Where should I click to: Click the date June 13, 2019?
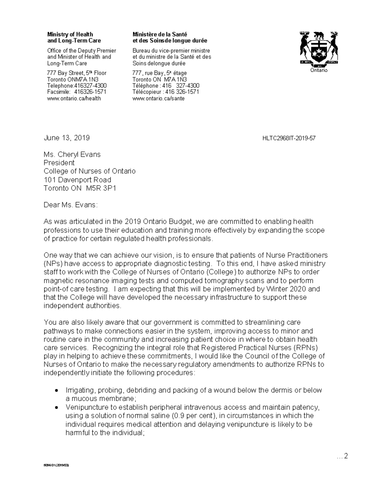pos(67,138)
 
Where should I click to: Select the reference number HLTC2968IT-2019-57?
pos(289,138)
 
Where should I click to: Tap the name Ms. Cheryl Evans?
pos(72,155)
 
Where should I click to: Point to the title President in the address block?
pos(59,163)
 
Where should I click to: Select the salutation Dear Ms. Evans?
pos(71,205)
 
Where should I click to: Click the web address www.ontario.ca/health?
pos(74,98)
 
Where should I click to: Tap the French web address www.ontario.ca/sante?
pos(158,98)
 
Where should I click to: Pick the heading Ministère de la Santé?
pos(160,34)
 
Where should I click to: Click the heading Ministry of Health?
pos(70,34)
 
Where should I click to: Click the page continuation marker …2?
pos(342,456)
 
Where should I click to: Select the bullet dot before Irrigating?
pos(56,390)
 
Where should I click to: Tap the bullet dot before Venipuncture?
pos(56,407)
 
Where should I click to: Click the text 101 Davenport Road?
pos(77,180)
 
